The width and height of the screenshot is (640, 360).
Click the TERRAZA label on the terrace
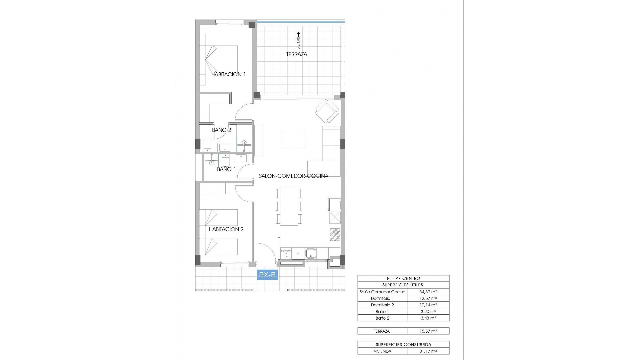tap(296, 54)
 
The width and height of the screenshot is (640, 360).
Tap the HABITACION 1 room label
tap(228, 74)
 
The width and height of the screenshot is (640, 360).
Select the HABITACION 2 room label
tap(226, 229)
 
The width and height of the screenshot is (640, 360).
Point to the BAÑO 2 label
tap(222, 130)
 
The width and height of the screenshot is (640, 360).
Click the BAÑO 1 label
tap(226, 169)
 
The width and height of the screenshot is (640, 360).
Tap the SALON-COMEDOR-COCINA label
tap(294, 176)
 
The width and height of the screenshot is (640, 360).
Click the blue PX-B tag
tap(267, 275)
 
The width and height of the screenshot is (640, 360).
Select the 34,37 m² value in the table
tap(428, 292)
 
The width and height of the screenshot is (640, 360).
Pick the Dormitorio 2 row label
tap(382, 305)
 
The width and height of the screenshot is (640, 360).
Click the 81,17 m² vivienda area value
tap(428, 351)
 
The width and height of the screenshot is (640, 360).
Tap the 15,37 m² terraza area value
tap(428, 331)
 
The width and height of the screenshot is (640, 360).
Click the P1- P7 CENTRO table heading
tap(403, 278)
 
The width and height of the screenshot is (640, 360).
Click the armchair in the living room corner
tap(327, 111)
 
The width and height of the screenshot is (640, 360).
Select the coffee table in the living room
tap(293, 140)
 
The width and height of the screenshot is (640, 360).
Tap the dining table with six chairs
tap(289, 206)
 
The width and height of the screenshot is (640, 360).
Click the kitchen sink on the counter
tap(311, 253)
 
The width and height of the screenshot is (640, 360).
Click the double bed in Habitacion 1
tap(219, 60)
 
